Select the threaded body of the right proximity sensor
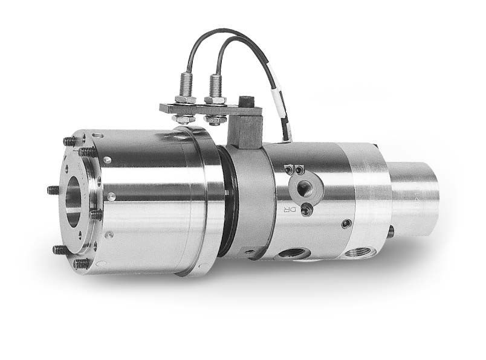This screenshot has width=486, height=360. click(214, 84)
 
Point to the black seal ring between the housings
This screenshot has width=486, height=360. click(226, 205)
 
